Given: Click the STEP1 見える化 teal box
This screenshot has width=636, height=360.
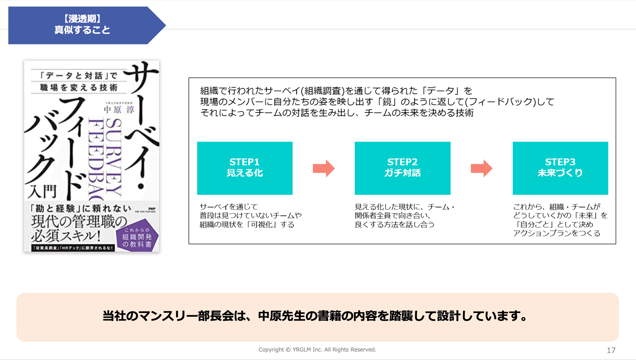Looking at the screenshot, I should coord(245,168).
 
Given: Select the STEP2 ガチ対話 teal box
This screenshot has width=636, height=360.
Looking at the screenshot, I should coord(402,168).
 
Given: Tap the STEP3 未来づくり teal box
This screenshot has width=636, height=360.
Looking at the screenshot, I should coord(560,168).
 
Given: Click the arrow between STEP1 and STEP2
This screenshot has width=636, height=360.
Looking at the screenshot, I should coord(324,168).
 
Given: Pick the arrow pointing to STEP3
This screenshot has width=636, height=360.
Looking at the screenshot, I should coord(481,168).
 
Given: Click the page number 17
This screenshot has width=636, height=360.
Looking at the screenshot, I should coord(611,350).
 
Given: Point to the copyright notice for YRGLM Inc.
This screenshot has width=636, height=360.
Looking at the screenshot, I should coord(317,349).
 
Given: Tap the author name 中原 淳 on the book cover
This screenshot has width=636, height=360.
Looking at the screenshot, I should coord(119,110).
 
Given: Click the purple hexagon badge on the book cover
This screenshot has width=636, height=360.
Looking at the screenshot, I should coord(137,236).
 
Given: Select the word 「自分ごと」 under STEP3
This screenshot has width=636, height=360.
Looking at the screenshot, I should coord(535,225).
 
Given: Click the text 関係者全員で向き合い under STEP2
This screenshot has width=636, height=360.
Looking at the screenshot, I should coord(392,216).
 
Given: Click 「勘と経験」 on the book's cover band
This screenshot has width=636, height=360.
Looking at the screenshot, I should coord(56,208).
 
